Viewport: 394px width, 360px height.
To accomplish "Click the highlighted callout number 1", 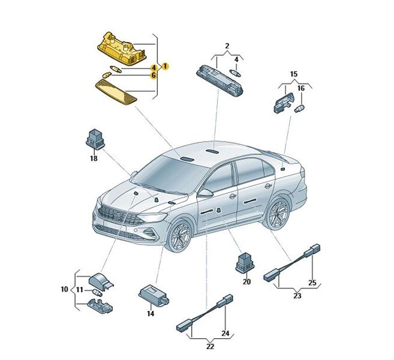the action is (x=165, y=67).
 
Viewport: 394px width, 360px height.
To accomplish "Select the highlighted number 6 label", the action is (x=154, y=75).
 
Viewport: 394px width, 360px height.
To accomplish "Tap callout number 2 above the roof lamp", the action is (x=227, y=46).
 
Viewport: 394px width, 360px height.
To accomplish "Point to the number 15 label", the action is (x=293, y=74).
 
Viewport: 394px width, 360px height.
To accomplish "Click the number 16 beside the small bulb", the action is (x=301, y=88).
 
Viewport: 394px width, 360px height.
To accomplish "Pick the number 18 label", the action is (x=94, y=158).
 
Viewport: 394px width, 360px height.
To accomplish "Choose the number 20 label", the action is (x=246, y=282).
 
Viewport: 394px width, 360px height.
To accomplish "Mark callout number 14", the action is (x=151, y=313).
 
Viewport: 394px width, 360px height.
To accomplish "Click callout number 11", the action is (x=79, y=290).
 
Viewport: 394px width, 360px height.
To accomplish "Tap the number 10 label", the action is (x=65, y=289).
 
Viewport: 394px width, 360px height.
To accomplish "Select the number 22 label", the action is (x=210, y=346).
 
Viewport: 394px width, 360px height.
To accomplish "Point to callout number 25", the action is (x=312, y=283).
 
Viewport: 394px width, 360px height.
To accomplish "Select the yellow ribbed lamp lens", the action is (x=116, y=90).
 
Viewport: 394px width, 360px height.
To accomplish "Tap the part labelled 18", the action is (x=95, y=139).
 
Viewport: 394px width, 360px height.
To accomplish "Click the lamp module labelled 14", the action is (x=154, y=295).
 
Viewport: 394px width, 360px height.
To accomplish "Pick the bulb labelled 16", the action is (x=299, y=109).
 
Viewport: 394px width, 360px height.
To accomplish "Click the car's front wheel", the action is (x=180, y=237).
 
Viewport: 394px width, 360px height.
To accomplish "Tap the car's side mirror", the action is (x=206, y=193).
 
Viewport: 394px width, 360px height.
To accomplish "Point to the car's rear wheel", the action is (x=278, y=214).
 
